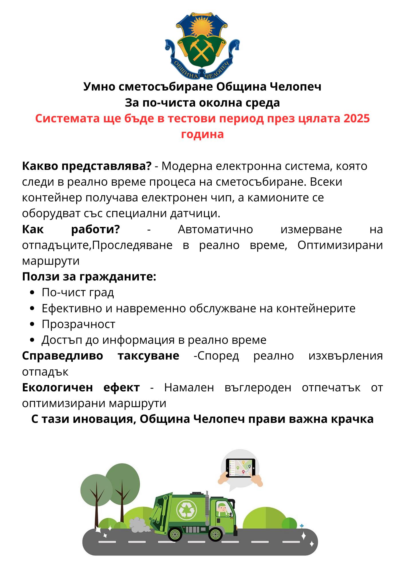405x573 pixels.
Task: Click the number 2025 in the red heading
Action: coord(356,118)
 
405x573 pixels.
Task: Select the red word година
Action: coord(202,134)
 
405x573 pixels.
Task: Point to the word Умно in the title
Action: coord(99,87)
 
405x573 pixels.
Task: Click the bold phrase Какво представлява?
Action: coord(86,166)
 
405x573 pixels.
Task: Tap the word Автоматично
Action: coord(215,229)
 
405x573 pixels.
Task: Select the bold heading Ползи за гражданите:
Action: coord(89,276)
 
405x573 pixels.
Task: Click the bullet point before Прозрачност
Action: coord(32,324)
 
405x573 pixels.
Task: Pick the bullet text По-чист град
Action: coord(78,293)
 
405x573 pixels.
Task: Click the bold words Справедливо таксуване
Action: coord(101,356)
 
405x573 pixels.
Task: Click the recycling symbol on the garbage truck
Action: coord(187,510)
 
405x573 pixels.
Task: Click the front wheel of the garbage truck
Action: coord(215,534)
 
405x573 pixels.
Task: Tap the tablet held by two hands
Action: coord(241,468)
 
